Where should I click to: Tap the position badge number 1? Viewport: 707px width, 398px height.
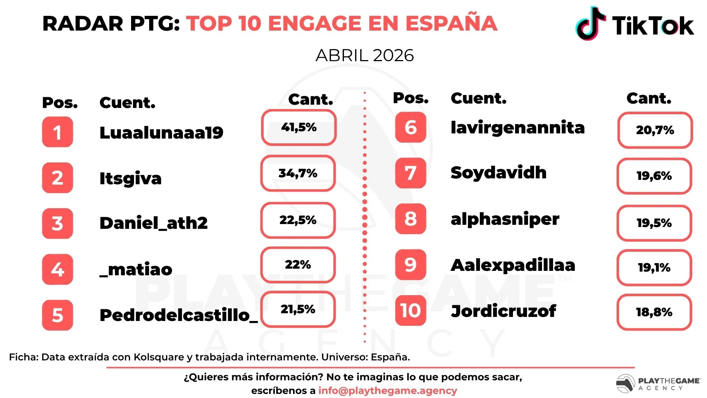[x=57, y=132]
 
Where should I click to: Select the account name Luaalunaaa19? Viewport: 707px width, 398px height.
[x=161, y=133]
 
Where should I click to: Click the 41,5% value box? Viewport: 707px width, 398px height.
[x=299, y=128]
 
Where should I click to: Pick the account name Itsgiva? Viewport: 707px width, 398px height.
[x=130, y=179]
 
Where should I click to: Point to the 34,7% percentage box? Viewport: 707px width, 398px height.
[x=298, y=173]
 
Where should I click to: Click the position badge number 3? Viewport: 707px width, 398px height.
[x=57, y=223]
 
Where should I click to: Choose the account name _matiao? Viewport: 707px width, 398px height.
[x=136, y=270]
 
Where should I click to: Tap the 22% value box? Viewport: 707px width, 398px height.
[x=298, y=265]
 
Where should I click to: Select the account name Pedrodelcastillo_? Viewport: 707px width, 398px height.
[x=179, y=315]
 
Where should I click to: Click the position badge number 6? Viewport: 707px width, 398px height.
[x=411, y=128]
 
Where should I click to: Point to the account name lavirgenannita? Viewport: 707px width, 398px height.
[x=518, y=128]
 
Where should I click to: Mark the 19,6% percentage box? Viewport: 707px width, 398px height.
[x=654, y=176]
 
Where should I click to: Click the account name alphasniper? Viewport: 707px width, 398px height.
[x=505, y=219]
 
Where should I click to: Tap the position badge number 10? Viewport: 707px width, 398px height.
[x=411, y=310]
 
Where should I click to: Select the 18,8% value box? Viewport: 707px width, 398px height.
[x=654, y=312]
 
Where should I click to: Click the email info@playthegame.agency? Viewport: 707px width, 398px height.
[x=388, y=391]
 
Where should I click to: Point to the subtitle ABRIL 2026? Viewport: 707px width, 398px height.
[x=365, y=56]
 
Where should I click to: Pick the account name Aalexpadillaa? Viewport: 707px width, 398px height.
[x=513, y=265]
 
